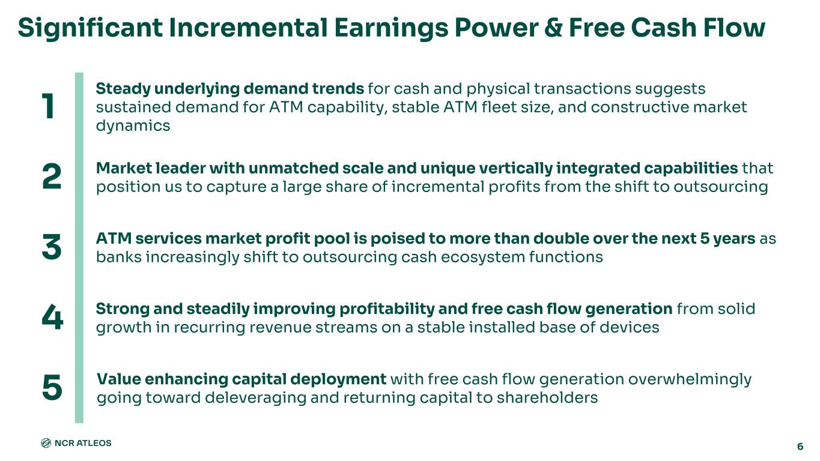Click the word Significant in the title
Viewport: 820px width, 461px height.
point(90,28)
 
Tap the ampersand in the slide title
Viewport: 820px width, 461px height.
point(553,28)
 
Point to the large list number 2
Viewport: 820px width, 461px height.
point(52,176)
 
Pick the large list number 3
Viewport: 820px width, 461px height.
point(52,247)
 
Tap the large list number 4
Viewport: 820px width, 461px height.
point(52,317)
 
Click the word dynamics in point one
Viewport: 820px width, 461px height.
point(133,126)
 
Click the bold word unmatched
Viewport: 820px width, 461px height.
point(293,168)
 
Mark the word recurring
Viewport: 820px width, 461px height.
point(209,328)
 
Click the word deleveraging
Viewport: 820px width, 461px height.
point(255,398)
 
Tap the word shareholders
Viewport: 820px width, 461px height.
point(547,397)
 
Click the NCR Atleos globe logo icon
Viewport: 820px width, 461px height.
point(46,443)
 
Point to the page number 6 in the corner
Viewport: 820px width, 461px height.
point(800,447)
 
